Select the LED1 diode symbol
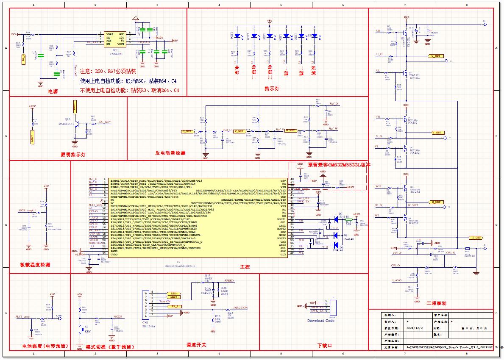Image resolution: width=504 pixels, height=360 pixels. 238,36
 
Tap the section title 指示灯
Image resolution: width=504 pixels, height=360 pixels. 272,89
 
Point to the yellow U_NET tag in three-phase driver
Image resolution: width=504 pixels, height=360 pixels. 436,56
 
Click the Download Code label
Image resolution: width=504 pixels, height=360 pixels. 320,321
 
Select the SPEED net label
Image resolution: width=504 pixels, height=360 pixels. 229,281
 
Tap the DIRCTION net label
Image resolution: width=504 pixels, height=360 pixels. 240,308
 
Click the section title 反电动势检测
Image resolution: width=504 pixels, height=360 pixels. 170,153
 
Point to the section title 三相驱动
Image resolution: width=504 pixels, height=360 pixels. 436,303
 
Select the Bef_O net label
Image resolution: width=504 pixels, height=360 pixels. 334,104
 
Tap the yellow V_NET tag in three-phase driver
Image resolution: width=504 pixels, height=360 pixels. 436,133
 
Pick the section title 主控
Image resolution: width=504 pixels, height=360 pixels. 245,267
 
